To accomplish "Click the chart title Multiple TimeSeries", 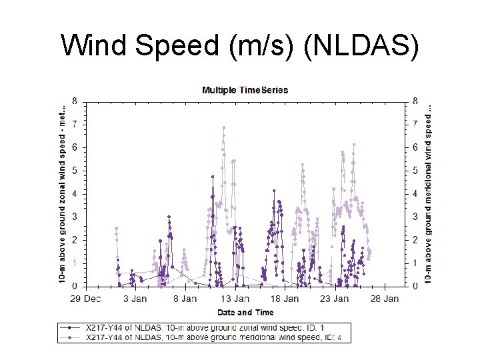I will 245,90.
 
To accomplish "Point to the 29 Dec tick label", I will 87,299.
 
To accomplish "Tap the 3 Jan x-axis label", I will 135,299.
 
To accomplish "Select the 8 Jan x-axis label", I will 185,299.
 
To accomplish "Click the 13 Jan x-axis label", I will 235,299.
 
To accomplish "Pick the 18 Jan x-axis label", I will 285,299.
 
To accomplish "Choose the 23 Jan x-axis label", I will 335,299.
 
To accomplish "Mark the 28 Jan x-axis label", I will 385,299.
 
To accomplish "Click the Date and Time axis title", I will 245,312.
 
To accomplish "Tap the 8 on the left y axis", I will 74,101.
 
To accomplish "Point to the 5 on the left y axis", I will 74,171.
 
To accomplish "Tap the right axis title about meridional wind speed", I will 428,193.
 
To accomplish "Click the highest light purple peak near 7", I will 224,127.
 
